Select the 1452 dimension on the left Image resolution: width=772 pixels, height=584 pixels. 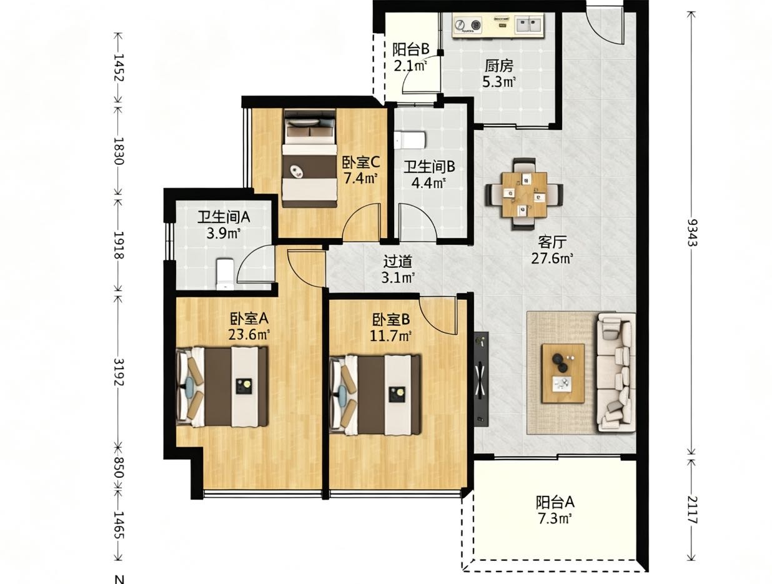click(x=119, y=67)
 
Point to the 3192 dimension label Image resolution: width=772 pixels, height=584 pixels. click(x=119, y=373)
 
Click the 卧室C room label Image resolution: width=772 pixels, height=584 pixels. click(x=361, y=162)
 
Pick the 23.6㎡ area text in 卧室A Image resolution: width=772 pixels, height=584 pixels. click(x=249, y=334)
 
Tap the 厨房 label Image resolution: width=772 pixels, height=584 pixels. click(x=498, y=66)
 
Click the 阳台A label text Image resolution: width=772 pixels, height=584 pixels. click(x=555, y=502)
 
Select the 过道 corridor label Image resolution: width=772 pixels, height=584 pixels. click(x=398, y=262)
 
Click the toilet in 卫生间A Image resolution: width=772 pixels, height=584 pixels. click(x=225, y=274)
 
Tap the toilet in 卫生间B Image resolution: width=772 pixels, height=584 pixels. click(x=410, y=140)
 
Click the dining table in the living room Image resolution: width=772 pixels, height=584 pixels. click(x=525, y=194)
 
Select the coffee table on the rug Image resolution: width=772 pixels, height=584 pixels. click(x=563, y=374)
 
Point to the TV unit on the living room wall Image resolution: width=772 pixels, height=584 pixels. click(x=481, y=379)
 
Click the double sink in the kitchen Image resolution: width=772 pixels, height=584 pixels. click(x=529, y=24)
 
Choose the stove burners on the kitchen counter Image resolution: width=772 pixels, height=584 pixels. click(x=468, y=25)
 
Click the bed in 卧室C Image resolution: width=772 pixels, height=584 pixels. click(x=310, y=158)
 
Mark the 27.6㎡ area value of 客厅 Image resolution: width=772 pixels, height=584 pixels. click(x=552, y=259)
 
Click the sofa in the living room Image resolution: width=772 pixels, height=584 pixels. click(x=616, y=372)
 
